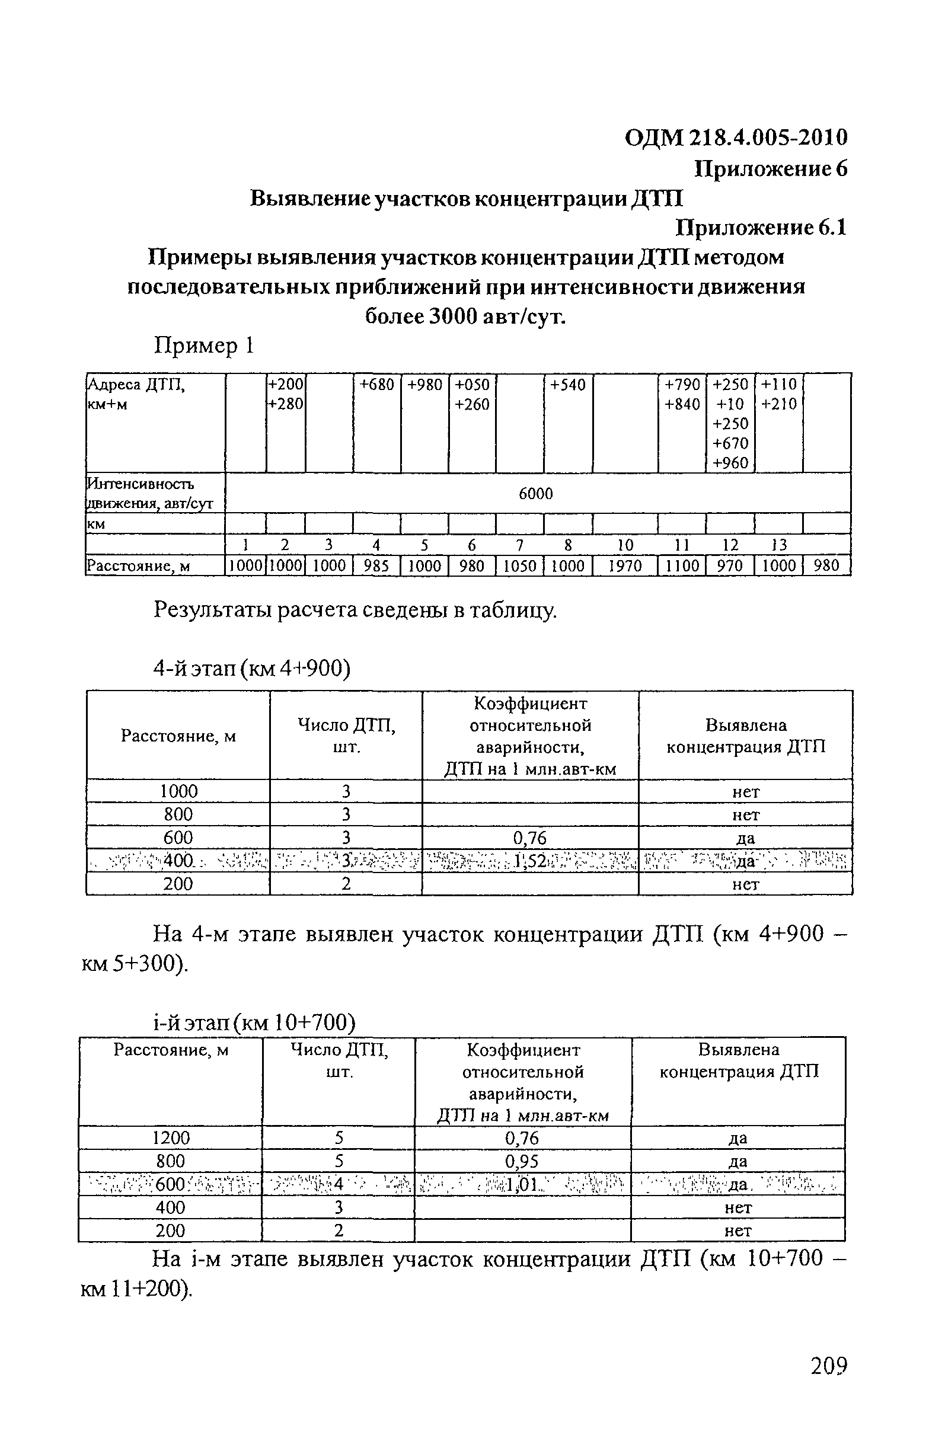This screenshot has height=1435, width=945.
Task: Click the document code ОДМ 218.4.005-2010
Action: click(x=736, y=138)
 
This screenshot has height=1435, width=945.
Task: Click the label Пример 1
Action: click(x=204, y=346)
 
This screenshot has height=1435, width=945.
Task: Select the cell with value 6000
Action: click(x=535, y=494)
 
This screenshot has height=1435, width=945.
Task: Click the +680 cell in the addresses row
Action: click(x=377, y=385)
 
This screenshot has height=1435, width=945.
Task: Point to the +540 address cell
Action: click(x=567, y=385)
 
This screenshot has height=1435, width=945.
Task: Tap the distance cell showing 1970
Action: click(x=625, y=565)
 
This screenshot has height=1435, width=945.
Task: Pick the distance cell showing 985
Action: click(x=376, y=565)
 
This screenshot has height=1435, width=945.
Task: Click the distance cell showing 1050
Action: click(x=519, y=565)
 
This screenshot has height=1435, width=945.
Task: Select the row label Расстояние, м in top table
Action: click(x=139, y=565)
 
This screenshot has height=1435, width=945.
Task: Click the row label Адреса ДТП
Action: click(x=136, y=385)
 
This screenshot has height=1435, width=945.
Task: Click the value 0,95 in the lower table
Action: click(x=522, y=1161)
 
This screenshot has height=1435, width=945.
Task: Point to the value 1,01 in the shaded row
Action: click(x=522, y=1184)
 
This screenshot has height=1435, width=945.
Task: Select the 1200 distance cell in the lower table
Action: click(x=171, y=1138)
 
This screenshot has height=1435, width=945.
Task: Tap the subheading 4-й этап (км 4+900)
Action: click(x=251, y=669)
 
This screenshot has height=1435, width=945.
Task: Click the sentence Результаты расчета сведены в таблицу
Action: click(x=355, y=610)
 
